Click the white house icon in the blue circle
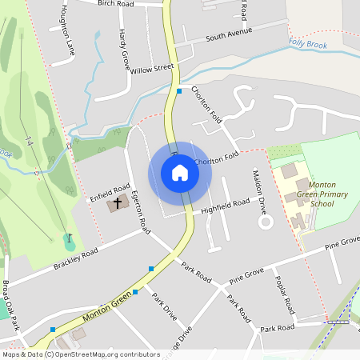179,173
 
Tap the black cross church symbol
118,203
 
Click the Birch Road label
115,4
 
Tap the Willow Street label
153,69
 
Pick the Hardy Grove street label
123,51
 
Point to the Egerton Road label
141,212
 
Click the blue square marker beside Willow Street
179,91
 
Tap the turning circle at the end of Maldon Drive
265,223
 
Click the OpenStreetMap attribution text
80,354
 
